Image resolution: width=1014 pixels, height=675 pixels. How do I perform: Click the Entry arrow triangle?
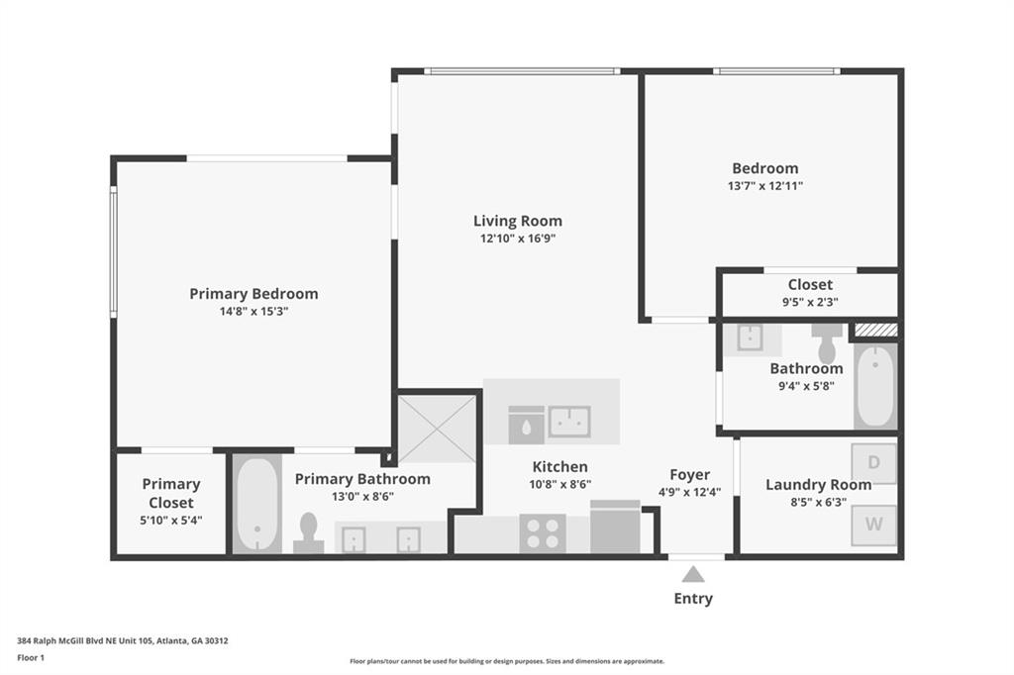click(x=692, y=574)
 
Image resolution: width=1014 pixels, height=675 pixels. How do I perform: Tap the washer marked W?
click(x=873, y=525)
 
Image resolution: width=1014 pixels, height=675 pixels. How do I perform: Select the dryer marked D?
click(x=873, y=463)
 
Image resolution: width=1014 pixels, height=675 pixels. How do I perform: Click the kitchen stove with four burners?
click(x=543, y=533)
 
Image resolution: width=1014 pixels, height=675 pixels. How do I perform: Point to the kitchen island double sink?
click(x=569, y=422)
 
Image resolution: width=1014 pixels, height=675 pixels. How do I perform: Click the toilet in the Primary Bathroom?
click(x=309, y=533)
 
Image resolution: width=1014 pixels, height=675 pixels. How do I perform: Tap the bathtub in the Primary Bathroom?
click(x=256, y=504)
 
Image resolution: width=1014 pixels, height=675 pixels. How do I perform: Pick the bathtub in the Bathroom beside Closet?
click(x=875, y=387)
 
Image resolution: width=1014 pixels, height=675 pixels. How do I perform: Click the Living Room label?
click(x=517, y=221)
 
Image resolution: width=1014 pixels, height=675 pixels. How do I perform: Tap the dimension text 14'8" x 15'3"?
click(x=253, y=311)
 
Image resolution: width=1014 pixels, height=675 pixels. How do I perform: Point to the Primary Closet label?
click(x=171, y=493)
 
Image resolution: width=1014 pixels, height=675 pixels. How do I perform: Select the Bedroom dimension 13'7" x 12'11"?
click(x=765, y=186)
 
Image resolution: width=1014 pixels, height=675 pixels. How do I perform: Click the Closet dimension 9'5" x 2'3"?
click(x=810, y=302)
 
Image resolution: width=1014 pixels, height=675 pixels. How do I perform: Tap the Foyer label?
click(x=690, y=475)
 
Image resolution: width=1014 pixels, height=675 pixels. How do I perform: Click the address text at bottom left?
click(x=122, y=641)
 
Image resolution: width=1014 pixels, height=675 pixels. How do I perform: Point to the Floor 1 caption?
click(x=31, y=658)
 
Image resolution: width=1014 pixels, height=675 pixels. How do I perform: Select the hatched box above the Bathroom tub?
click(x=876, y=330)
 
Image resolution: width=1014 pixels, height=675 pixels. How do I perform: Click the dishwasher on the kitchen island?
click(x=526, y=425)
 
